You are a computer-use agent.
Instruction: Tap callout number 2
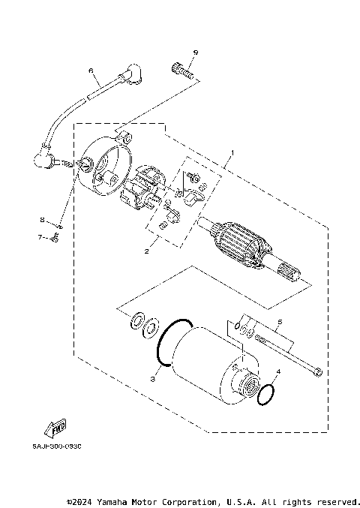coord(147,251)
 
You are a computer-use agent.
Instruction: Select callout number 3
coord(152,380)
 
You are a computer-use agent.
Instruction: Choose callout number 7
coord(42,239)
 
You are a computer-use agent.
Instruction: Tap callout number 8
coord(43,220)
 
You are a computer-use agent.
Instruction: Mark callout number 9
coord(194,52)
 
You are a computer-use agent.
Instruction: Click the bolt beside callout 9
coord(182,73)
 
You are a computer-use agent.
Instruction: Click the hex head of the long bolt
coord(318,371)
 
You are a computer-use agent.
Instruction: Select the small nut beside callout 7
coord(55,239)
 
